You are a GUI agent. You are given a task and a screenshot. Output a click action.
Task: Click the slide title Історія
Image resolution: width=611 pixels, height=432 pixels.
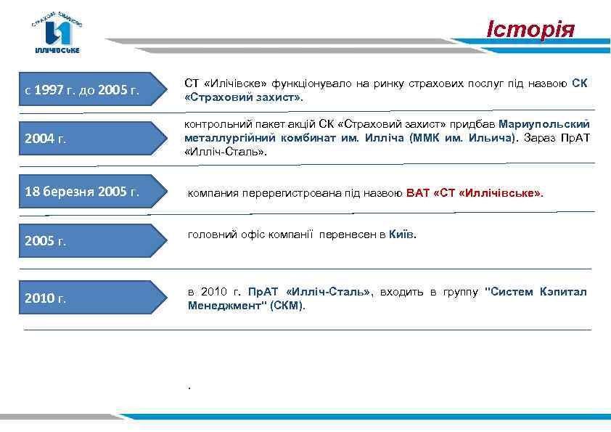(x=530, y=30)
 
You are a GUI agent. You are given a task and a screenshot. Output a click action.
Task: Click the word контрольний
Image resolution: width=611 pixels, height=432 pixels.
(x=214, y=124)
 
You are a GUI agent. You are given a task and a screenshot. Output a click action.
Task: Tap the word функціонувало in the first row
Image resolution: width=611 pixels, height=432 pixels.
(x=306, y=83)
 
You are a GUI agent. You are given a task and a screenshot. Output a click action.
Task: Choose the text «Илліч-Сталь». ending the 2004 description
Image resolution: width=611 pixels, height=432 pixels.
(x=226, y=152)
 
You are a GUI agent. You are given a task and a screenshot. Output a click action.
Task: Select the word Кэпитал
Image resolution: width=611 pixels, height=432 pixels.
(x=563, y=292)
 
